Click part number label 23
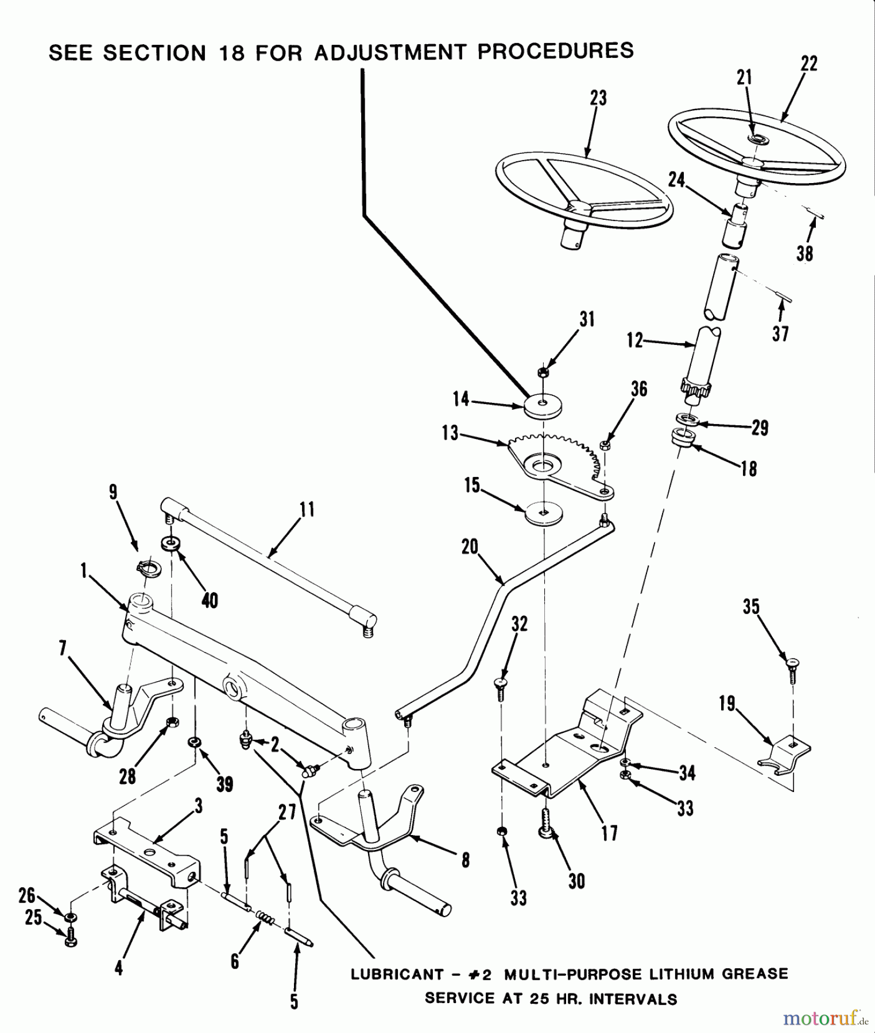click(598, 98)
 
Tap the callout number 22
click(809, 63)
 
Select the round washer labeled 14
click(543, 405)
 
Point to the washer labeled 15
click(543, 511)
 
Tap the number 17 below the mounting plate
click(609, 833)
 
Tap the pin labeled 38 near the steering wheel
click(818, 215)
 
